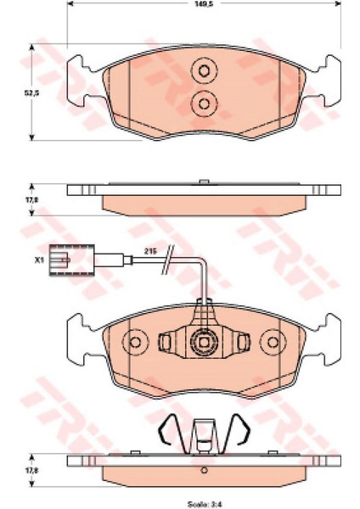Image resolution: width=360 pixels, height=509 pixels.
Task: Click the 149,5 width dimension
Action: pyautogui.click(x=204, y=4)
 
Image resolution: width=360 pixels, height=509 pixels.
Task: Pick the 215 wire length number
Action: pyautogui.click(x=150, y=252)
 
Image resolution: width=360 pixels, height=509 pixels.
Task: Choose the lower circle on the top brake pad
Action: pyautogui.click(x=204, y=103)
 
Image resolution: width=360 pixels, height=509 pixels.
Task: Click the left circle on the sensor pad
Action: pyautogui.click(x=135, y=343)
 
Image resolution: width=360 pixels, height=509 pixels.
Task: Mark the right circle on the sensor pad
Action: pyautogui.click(x=273, y=343)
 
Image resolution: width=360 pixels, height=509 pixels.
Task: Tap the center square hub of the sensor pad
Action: pyautogui.click(x=204, y=343)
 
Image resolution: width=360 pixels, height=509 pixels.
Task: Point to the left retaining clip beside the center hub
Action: pyautogui.click(x=166, y=342)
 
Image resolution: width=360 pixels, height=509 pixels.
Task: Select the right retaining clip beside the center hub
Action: pyautogui.click(x=241, y=342)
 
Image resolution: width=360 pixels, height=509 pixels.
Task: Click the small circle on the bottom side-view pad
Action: pyautogui.click(x=204, y=473)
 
